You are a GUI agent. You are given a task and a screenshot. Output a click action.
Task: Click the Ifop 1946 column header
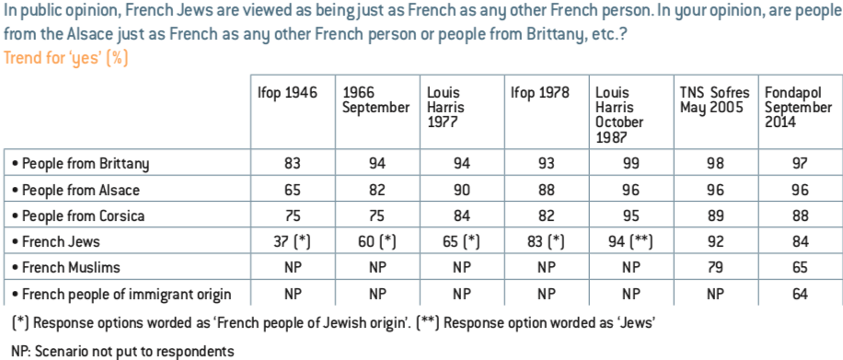tap(287, 94)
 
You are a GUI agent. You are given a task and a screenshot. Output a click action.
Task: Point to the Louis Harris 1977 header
tap(445, 108)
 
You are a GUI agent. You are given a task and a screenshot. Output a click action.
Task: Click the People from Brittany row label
tap(80, 164)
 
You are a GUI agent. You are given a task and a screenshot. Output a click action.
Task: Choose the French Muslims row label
tap(65, 267)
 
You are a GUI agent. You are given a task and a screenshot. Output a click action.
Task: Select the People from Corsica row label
tap(78, 215)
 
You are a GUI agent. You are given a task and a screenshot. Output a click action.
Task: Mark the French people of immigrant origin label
tap(121, 295)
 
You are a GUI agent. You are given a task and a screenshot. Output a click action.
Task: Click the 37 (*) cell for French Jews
tap(293, 241)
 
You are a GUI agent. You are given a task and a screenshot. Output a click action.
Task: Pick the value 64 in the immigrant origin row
tap(800, 294)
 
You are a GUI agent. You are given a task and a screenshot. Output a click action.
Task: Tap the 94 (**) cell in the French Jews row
tap(631, 241)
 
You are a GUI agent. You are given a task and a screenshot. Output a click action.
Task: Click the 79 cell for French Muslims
tap(715, 267)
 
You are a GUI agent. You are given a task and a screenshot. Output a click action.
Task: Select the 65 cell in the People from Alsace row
tap(293, 190)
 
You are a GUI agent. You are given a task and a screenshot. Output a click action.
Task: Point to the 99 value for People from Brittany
tap(631, 163)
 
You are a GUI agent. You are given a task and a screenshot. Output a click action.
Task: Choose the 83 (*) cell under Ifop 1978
tap(547, 241)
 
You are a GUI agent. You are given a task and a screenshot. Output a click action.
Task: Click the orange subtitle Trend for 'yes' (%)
tap(66, 58)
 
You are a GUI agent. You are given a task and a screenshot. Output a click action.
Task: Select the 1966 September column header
tap(375, 100)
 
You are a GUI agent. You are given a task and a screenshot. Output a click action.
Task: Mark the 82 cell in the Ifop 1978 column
tap(547, 215)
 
